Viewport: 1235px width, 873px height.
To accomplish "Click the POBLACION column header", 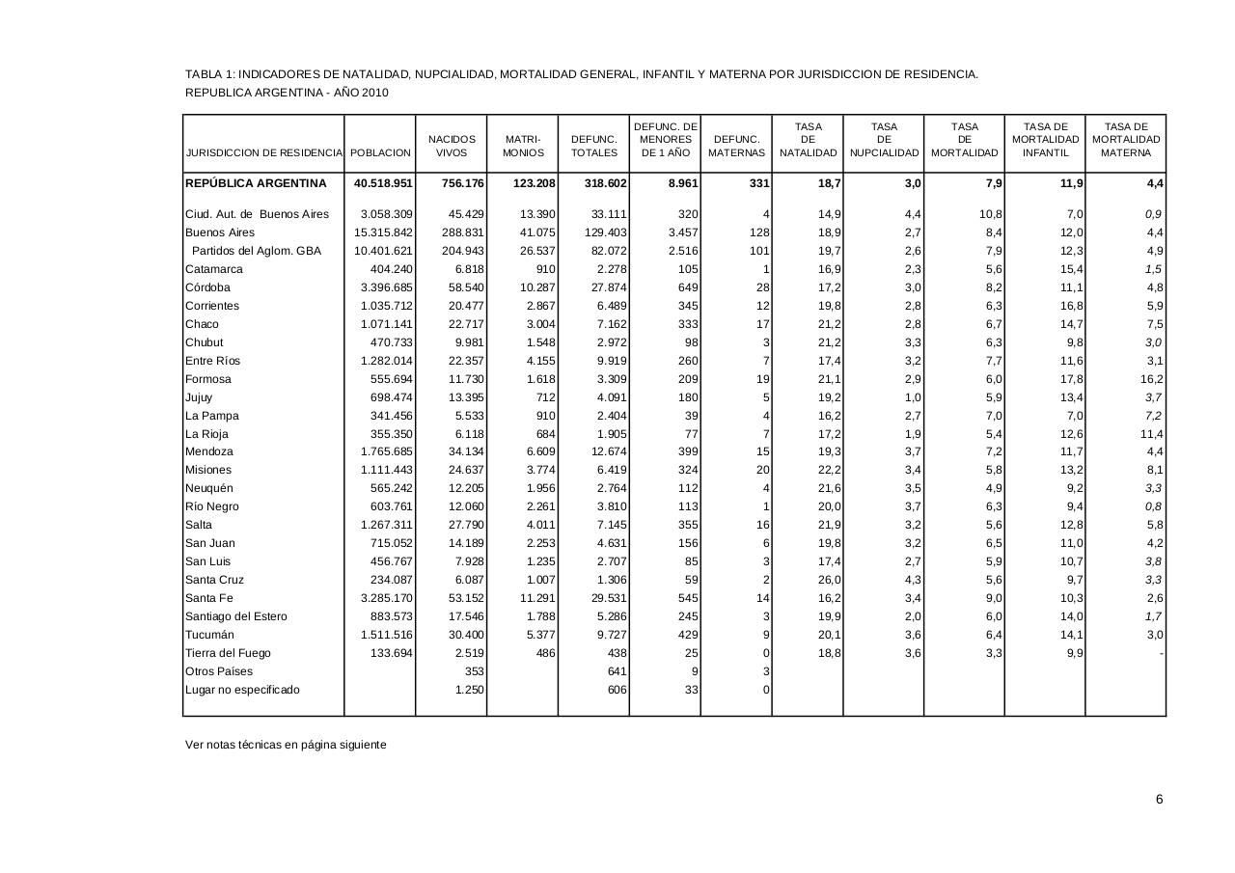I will click(380, 153).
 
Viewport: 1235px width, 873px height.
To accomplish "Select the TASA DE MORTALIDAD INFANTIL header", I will click(1045, 140).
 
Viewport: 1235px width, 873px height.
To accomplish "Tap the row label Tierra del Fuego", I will click(228, 653).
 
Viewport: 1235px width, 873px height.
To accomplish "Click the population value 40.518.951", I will click(383, 183).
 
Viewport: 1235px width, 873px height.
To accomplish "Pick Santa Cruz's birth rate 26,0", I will click(828, 580).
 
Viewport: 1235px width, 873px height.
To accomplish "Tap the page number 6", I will click(1159, 799).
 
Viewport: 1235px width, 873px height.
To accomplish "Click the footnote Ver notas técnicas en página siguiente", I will click(286, 745).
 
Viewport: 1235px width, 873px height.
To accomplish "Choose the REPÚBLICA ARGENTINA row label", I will click(256, 183).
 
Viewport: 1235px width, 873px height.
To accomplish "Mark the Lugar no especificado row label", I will click(242, 690).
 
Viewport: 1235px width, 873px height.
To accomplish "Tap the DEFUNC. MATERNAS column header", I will click(736, 147).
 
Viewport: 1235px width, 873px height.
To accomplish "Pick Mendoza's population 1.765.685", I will click(387, 451).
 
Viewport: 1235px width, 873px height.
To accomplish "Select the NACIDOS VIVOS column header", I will click(452, 147).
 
